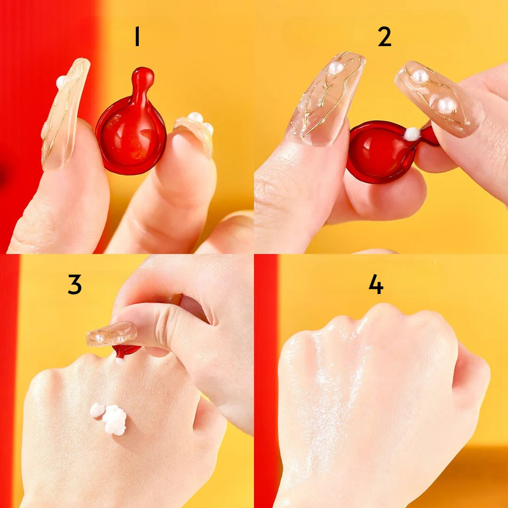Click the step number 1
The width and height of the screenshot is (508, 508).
[137, 36]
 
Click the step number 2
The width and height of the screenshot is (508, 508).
[385, 36]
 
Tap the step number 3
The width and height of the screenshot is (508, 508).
[74, 284]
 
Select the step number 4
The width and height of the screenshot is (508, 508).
[376, 284]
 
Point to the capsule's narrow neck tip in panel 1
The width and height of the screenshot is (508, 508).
[143, 74]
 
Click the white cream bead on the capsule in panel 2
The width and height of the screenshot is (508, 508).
[413, 134]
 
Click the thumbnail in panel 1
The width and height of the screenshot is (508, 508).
[65, 113]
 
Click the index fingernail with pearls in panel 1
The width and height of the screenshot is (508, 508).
[194, 131]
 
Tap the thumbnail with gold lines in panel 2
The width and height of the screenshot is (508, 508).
[327, 99]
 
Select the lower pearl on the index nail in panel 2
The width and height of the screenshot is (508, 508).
[446, 105]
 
